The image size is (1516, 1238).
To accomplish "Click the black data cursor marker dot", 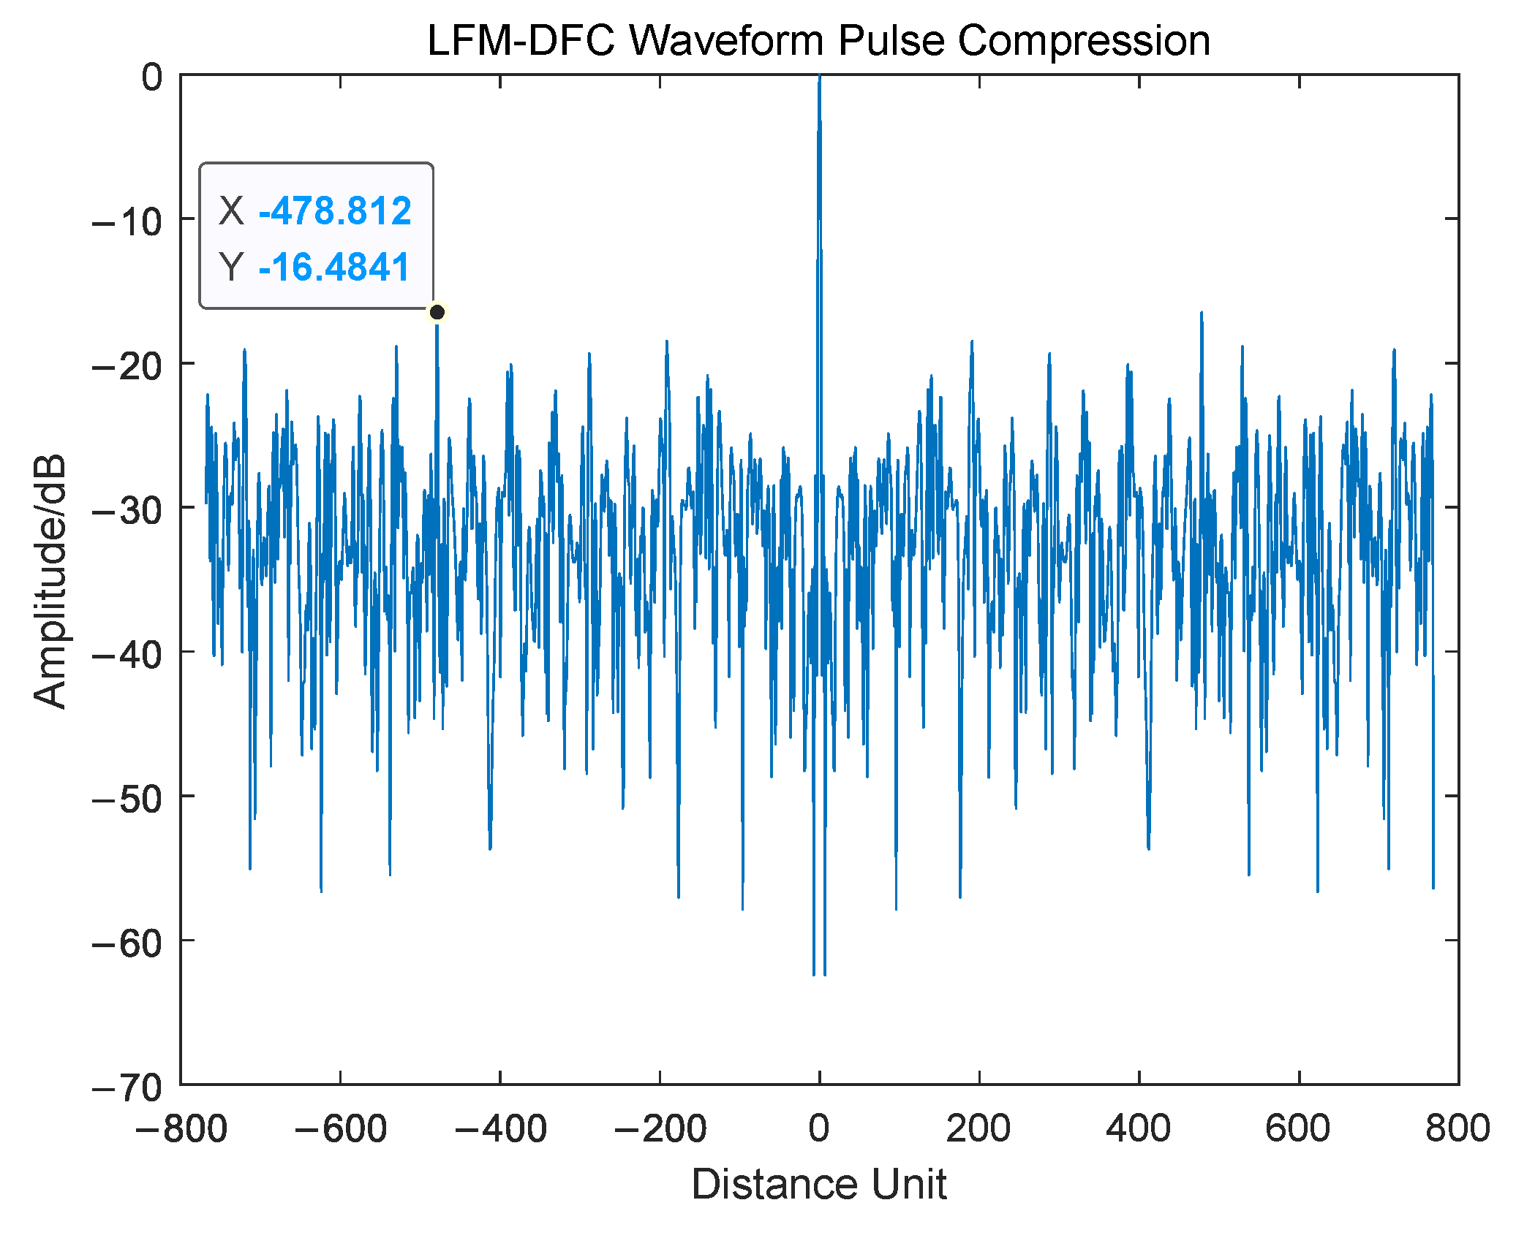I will pos(437,312).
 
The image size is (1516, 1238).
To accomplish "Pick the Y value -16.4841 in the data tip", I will pos(334,267).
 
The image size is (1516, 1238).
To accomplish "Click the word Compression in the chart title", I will pos(1084,40).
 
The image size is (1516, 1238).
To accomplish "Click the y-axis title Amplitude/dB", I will pos(50,581).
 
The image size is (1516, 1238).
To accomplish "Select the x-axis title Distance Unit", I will pos(818,1183).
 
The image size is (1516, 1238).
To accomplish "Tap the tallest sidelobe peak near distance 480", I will pos(1201,314).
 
